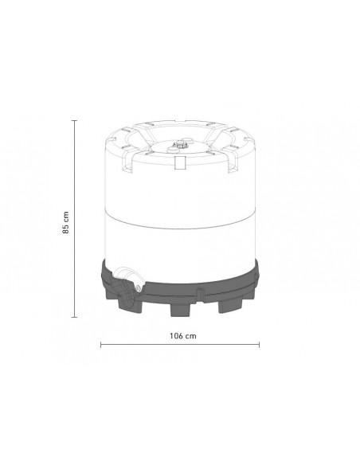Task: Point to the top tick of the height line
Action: point(74,120)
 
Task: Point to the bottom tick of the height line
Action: point(74,318)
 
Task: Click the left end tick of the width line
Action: point(101,346)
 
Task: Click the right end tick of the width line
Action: point(259,346)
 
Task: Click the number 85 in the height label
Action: point(66,230)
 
